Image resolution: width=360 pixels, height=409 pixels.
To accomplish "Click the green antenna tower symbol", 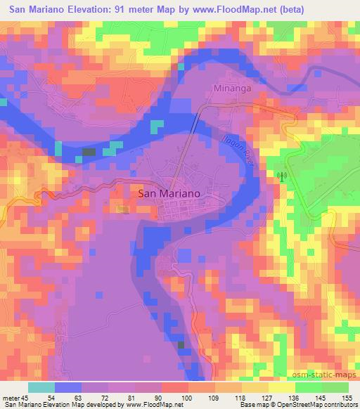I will pos(282,176).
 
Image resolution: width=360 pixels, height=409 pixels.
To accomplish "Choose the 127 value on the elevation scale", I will pos(266,396).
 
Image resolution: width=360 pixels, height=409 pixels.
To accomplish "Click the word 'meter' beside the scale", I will pos(15,396).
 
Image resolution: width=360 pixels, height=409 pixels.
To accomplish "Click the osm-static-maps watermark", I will pos(322,375).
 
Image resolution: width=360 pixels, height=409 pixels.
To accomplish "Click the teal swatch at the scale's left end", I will pos(42,387).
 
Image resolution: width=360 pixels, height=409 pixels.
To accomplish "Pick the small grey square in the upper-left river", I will pos(89,151).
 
